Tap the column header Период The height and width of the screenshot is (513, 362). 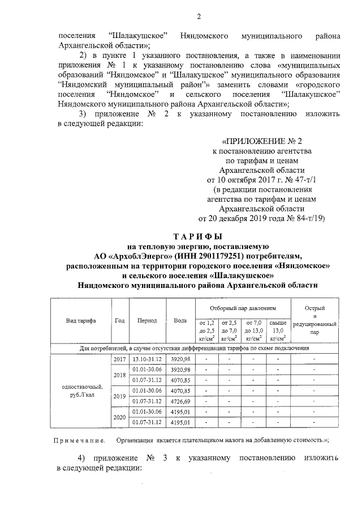[147, 320]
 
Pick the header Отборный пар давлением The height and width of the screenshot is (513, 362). [242, 308]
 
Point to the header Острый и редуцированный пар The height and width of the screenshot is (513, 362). [314, 320]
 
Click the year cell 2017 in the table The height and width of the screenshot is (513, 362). [120, 359]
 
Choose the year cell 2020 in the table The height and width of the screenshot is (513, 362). [120, 417]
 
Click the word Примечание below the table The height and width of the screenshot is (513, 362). [79, 440]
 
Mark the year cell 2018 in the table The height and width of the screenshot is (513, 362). [120, 375]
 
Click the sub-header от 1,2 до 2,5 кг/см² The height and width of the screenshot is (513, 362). [206, 330]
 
